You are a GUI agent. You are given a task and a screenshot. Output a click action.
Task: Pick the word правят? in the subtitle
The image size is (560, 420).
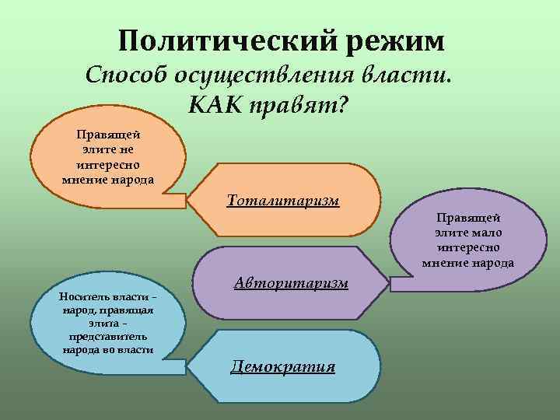coord(299,105)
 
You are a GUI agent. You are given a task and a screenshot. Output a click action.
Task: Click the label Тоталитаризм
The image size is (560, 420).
coord(283,201)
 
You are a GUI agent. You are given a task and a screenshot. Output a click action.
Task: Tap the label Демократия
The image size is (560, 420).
coord(283,366)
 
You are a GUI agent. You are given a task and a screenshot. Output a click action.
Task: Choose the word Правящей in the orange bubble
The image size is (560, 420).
coord(108,134)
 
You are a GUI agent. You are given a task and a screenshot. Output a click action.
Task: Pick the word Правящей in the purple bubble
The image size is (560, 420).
coord(467,219)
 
